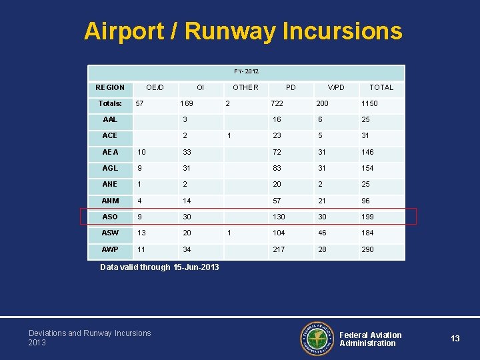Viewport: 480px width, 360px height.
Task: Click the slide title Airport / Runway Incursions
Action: [243, 31]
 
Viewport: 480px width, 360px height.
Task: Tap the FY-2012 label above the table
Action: [246, 71]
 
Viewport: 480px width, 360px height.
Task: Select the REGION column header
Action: [110, 87]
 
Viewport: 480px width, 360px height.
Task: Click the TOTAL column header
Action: [381, 87]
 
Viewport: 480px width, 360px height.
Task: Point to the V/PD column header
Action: [336, 87]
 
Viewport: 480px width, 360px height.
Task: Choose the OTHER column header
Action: [245, 87]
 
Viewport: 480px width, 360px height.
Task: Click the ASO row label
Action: [110, 217]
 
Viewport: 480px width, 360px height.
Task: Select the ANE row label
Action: [110, 185]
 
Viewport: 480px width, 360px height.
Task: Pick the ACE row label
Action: [110, 135]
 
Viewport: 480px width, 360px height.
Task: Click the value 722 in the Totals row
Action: [277, 104]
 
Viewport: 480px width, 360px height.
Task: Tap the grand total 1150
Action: [369, 104]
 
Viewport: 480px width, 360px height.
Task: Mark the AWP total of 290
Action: [367, 249]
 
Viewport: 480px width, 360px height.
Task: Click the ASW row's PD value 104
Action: [278, 233]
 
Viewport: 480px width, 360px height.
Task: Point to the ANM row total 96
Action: [365, 201]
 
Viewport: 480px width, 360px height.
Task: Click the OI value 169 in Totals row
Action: [187, 104]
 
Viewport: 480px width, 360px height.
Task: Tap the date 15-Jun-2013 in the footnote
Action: [196, 267]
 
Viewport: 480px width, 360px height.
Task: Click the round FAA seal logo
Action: [317, 339]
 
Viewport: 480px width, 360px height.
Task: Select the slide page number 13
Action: [455, 339]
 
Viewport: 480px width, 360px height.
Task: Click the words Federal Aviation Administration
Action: [371, 339]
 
